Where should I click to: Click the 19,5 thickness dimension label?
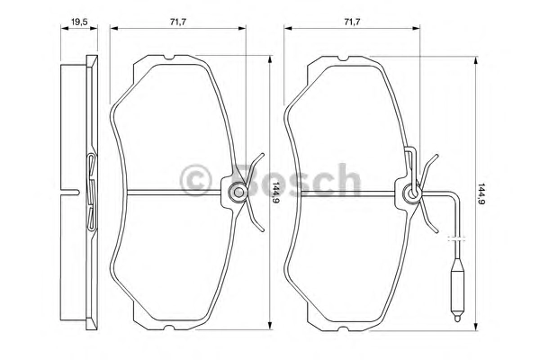[x=79, y=22]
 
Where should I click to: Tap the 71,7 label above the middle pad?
[x=178, y=22]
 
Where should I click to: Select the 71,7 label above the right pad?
[x=352, y=22]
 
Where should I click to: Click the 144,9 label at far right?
[x=482, y=193]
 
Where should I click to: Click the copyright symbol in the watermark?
[x=195, y=180]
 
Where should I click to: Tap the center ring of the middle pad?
[x=238, y=193]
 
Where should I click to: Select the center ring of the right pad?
[x=412, y=193]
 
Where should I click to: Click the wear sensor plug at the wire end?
[x=457, y=291]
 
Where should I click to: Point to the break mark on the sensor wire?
[x=456, y=238]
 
